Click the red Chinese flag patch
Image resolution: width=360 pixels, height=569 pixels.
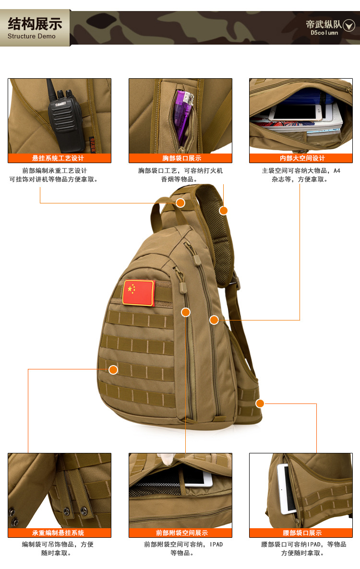[139, 293]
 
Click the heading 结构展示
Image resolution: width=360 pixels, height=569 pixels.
[35, 24]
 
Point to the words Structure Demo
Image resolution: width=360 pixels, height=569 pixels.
[32, 36]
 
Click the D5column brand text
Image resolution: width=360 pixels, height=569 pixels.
[324, 33]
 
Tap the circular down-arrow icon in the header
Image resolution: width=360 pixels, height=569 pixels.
[349, 26]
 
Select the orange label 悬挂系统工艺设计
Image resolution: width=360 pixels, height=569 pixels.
[60, 158]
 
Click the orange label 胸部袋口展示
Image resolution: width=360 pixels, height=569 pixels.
[180, 158]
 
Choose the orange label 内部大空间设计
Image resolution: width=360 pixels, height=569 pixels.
[301, 158]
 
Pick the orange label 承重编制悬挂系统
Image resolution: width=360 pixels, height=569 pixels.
[60, 533]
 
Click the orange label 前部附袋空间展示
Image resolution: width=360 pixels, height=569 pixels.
[180, 533]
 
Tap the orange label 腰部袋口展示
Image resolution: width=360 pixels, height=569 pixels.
[301, 533]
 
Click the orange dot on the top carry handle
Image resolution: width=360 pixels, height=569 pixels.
[180, 203]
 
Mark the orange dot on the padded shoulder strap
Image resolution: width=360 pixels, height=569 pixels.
[223, 210]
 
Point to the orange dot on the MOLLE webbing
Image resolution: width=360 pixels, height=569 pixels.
[113, 369]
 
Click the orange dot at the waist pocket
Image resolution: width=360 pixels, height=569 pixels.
[260, 403]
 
